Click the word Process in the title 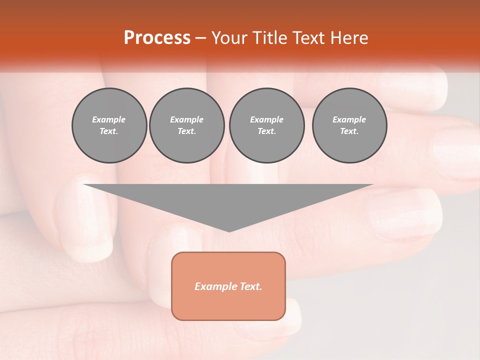click(157, 38)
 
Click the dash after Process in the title click(200, 38)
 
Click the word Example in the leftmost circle click(109, 119)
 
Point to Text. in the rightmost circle click(349, 131)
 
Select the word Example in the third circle click(266, 119)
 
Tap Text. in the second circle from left click(186, 131)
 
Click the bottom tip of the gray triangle click(229, 230)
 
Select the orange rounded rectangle click(228, 305)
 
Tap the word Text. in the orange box click(250, 286)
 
